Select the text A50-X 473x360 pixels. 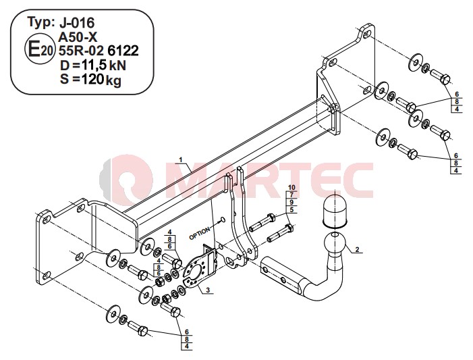tap(78, 37)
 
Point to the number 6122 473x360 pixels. tap(123, 51)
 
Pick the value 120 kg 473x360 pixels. tap(101, 80)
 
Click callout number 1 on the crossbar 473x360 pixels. tap(181, 159)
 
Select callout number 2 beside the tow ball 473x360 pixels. tap(357, 249)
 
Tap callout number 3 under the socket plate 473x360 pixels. tap(208, 290)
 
